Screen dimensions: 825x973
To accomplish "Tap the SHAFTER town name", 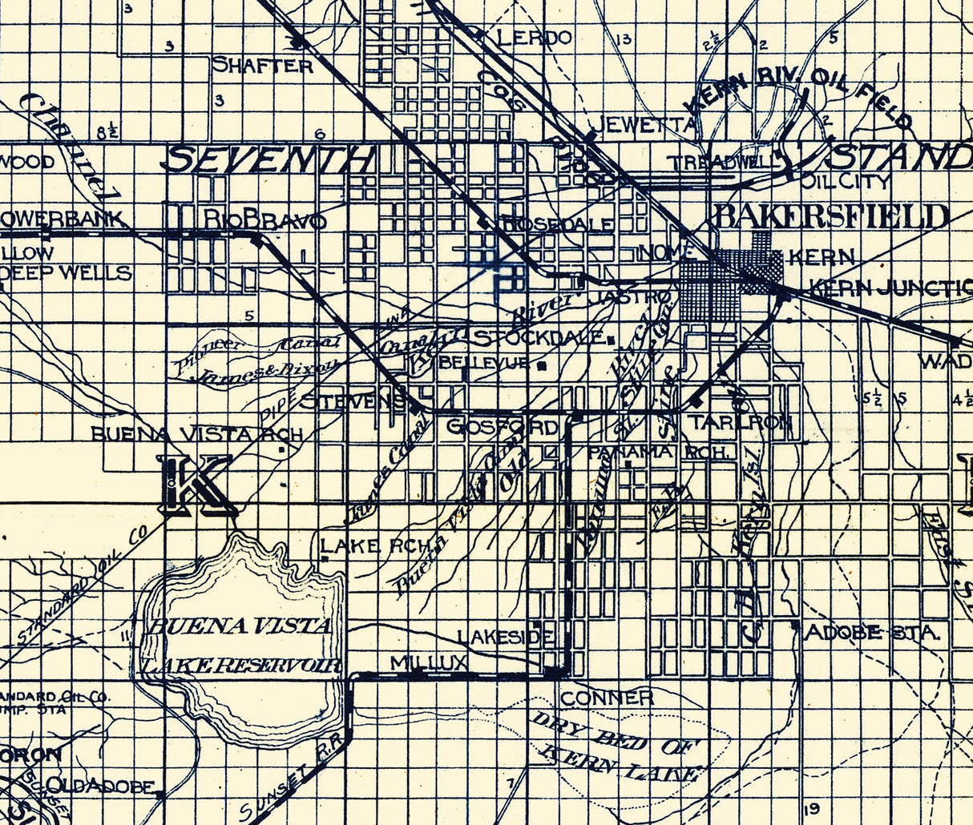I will click(262, 66).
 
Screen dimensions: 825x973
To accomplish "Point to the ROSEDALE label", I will click(558, 225).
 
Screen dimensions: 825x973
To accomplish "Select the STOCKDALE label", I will click(539, 337).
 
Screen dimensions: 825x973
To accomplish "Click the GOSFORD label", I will click(503, 427).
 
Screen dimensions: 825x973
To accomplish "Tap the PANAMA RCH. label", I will click(661, 453).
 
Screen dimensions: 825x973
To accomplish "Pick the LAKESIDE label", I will click(506, 637).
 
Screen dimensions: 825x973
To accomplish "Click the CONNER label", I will click(607, 698).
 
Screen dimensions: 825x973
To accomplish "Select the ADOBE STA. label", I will click(871, 633).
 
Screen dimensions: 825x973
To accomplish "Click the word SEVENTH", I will click(269, 159).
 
